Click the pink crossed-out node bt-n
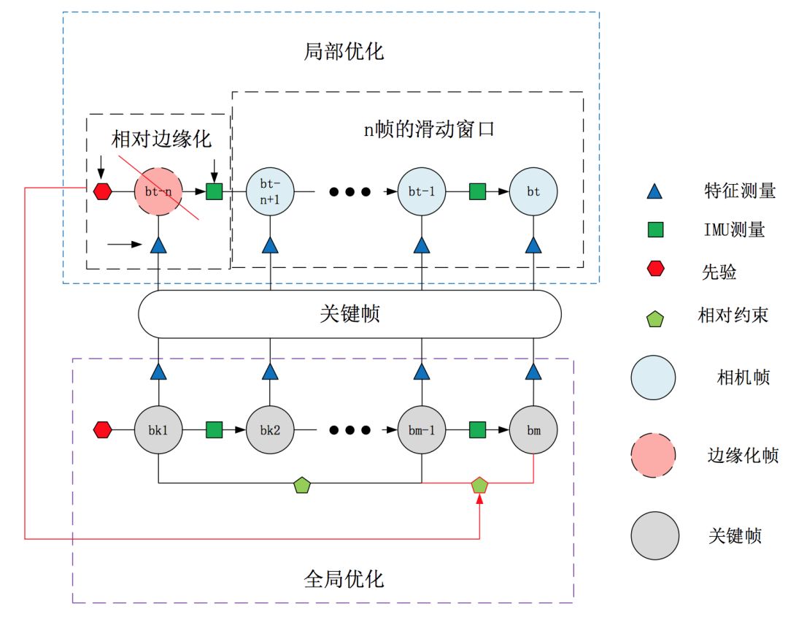tap(158, 192)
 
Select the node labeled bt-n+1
tap(271, 192)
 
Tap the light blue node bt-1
tap(422, 192)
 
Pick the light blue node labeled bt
tap(534, 192)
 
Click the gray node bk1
tap(158, 430)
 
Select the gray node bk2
tap(271, 430)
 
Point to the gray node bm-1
tap(422, 430)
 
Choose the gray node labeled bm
tap(534, 430)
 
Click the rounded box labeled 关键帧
tap(349, 314)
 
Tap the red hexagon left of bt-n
tap(103, 192)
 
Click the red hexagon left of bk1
tap(103, 430)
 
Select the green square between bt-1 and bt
tap(477, 192)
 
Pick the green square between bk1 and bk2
tap(214, 430)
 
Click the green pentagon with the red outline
tap(479, 484)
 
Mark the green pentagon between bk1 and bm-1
tap(301, 484)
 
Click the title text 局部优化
tap(343, 53)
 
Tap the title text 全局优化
tap(343, 579)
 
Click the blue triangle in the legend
tap(655, 192)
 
